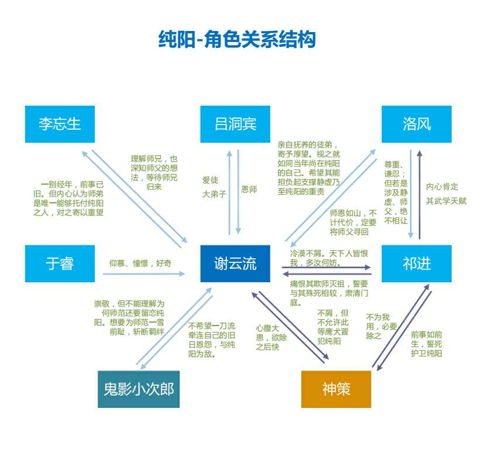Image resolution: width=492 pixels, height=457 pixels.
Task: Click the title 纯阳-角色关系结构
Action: (237, 39)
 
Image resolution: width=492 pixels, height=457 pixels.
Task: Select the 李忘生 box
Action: (60, 124)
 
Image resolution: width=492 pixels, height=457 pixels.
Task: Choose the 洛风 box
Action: (417, 124)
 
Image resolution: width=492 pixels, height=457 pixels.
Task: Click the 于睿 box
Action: (60, 264)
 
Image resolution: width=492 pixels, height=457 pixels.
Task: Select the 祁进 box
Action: (417, 264)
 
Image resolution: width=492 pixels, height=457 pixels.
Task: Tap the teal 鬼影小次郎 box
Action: (139, 389)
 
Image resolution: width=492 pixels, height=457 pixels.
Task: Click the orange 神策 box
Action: (336, 389)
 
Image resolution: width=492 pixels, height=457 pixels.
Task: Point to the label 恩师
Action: (249, 189)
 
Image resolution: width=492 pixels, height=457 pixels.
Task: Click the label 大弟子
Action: (214, 194)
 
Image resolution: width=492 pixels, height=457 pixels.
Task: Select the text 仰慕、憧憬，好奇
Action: (140, 264)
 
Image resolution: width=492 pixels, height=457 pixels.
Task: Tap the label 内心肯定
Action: (442, 186)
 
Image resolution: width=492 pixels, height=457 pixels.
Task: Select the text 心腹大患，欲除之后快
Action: (270, 337)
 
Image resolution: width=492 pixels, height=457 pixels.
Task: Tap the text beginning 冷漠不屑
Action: (329, 258)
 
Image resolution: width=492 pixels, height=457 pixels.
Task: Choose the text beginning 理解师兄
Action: (154, 172)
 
